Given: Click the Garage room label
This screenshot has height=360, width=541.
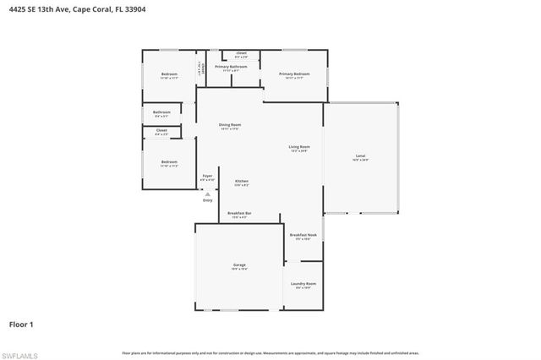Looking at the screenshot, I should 240,265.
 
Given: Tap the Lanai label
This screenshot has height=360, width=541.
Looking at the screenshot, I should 360,156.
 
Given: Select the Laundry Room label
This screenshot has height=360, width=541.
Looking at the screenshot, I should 303,284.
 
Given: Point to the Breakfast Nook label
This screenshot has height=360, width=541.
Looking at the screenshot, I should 303,235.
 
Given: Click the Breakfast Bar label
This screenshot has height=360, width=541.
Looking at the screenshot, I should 240,213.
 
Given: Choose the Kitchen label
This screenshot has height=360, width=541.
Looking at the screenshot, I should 241,181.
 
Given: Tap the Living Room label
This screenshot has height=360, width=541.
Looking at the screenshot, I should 299,147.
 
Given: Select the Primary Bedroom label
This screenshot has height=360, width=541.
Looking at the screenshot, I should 295,74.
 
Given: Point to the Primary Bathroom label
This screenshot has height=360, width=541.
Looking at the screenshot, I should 230,66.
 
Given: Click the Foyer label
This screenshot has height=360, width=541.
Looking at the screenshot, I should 207,176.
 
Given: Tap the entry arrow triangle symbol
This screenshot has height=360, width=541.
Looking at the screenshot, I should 207,194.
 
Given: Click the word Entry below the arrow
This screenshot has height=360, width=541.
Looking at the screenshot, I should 207,200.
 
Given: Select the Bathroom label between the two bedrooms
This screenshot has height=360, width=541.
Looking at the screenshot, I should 161,112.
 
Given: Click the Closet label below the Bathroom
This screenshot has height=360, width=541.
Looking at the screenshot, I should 161,130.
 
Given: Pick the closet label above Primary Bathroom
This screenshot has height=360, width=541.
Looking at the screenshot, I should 241,53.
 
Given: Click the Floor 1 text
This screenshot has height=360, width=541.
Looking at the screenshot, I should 21,324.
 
